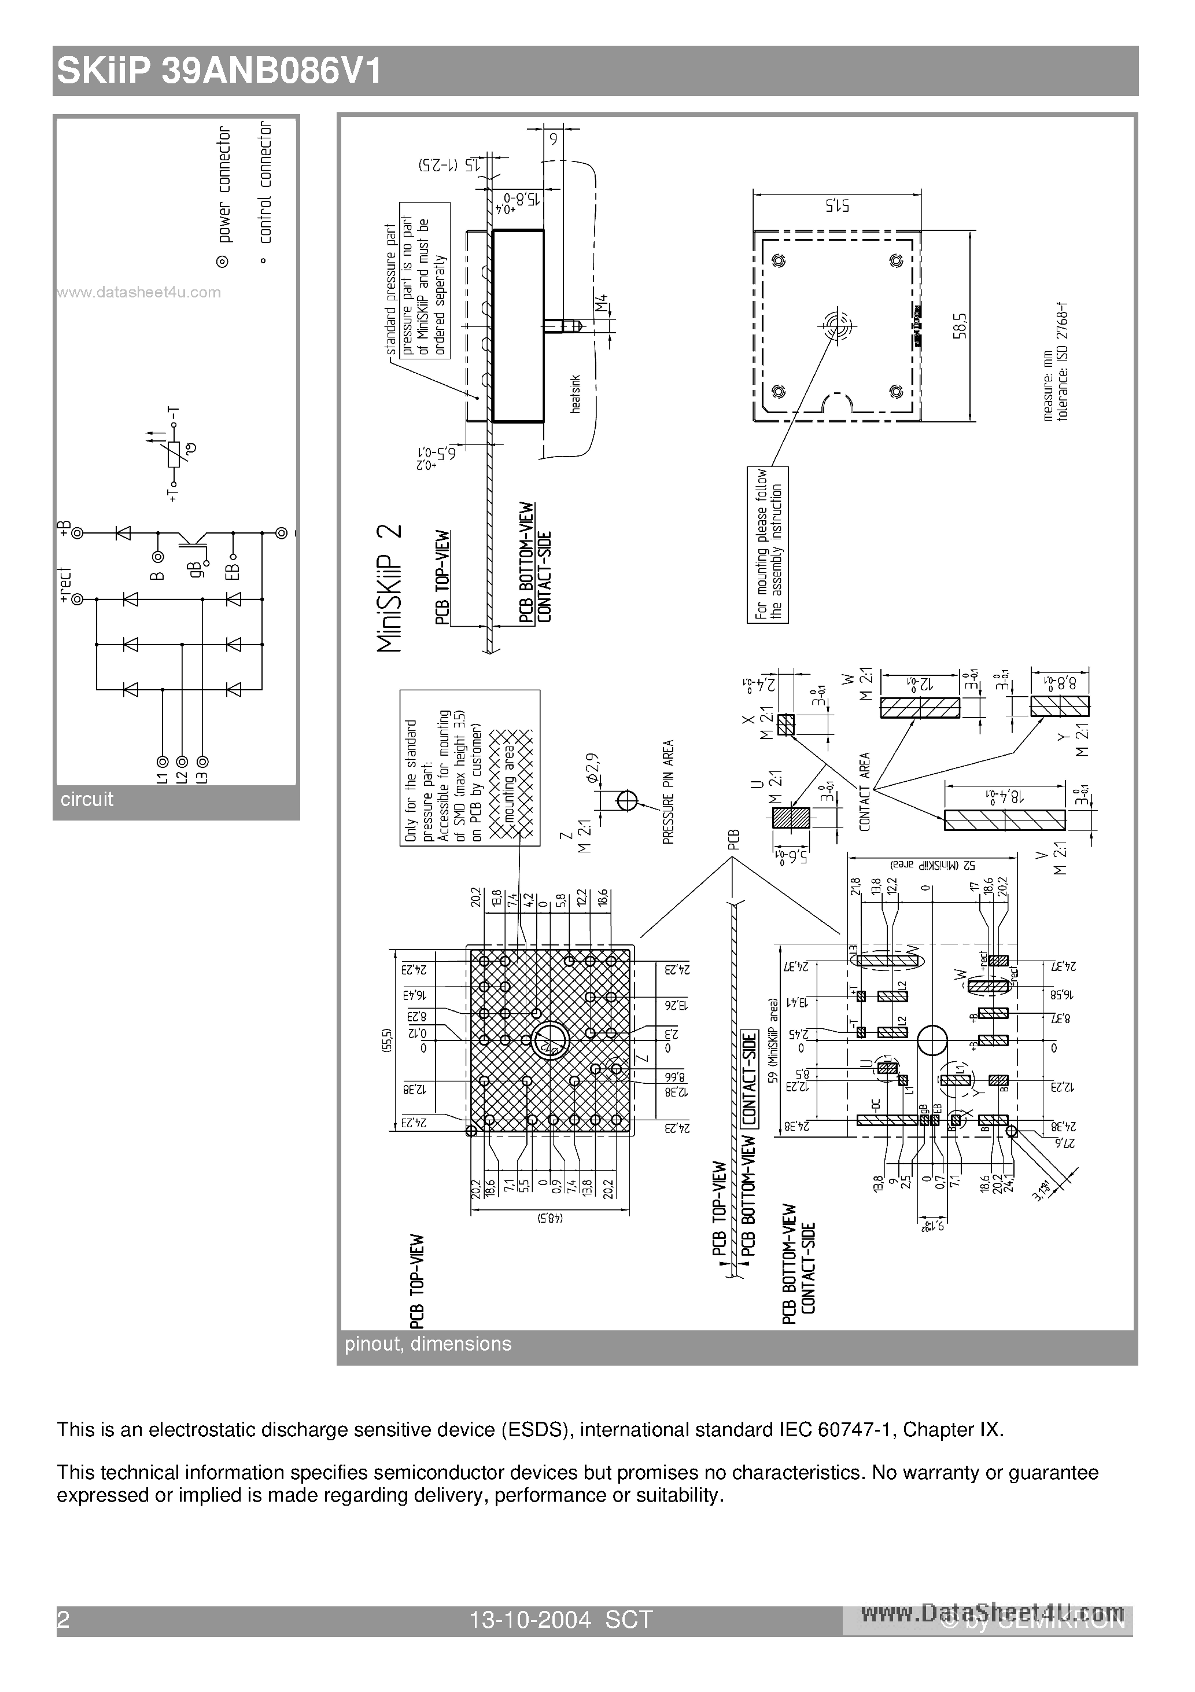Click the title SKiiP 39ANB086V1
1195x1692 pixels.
pyautogui.click(x=219, y=72)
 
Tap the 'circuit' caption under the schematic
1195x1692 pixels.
pyautogui.click(x=87, y=800)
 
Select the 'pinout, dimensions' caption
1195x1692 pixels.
pyautogui.click(x=427, y=1344)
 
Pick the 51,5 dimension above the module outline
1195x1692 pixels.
pyautogui.click(x=837, y=205)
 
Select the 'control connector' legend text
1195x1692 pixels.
pyautogui.click(x=265, y=182)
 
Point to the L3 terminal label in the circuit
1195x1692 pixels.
pyautogui.click(x=202, y=776)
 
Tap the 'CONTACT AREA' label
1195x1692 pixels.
pyautogui.click(x=865, y=792)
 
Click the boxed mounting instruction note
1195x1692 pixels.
pyautogui.click(x=768, y=545)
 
